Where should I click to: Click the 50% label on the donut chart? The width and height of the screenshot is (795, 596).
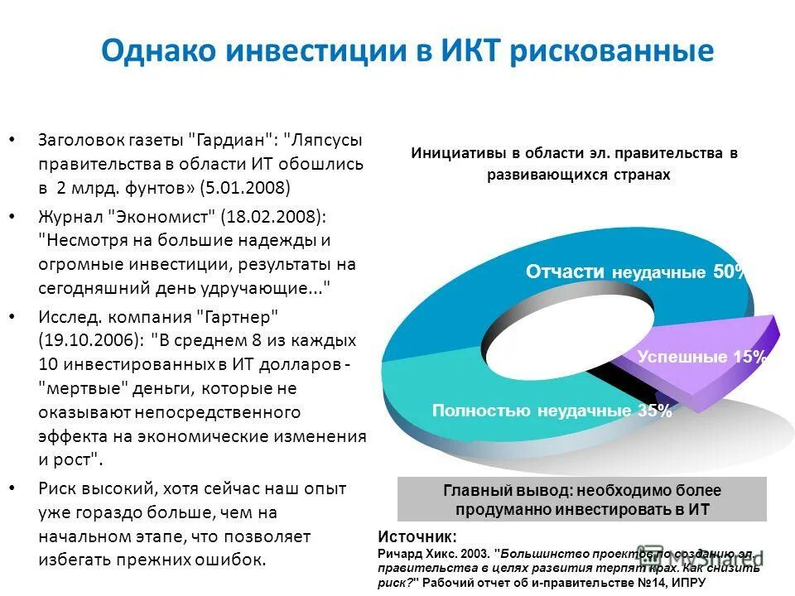[x=729, y=272]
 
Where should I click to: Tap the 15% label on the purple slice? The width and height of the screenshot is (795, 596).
[x=749, y=357]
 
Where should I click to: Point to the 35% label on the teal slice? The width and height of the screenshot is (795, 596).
[x=654, y=410]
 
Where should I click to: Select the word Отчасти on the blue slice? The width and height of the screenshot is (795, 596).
[x=566, y=272]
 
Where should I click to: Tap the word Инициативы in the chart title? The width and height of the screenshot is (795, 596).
[x=457, y=154]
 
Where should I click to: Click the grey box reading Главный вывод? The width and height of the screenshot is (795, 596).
[x=582, y=499]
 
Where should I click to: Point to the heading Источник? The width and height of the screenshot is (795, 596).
[x=417, y=535]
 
